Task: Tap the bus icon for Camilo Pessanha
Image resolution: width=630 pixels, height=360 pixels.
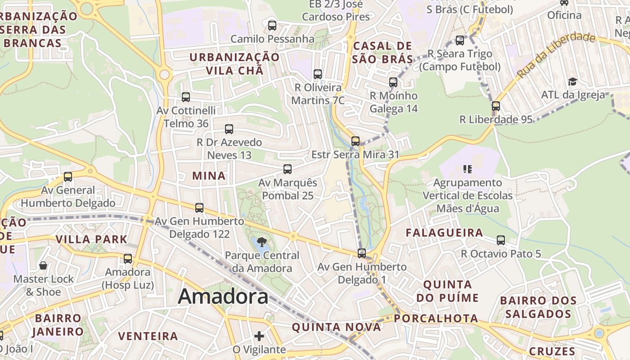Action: tap(272, 25)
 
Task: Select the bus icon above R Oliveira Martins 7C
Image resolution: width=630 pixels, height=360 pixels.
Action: tap(318, 74)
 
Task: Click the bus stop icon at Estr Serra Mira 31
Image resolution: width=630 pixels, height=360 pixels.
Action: tap(355, 141)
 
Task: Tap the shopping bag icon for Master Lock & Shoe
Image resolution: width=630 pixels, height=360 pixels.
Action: tap(43, 265)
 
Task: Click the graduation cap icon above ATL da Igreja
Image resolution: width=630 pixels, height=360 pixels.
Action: tap(572, 81)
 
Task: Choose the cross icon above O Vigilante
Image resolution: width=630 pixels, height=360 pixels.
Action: tap(259, 336)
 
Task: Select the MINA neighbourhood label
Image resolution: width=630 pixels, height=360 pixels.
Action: tap(209, 176)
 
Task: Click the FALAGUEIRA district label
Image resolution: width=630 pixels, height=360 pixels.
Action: tap(445, 233)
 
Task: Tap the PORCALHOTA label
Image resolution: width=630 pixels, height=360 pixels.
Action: tap(436, 319)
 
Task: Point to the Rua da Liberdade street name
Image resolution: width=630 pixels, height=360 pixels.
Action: tap(556, 54)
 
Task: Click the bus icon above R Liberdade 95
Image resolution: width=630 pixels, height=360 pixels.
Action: tap(496, 106)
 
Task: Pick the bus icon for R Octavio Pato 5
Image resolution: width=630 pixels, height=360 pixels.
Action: tap(501, 240)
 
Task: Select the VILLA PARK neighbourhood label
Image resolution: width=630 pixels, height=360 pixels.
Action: tap(92, 239)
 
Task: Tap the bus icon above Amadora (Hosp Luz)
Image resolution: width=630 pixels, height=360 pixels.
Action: tap(128, 259)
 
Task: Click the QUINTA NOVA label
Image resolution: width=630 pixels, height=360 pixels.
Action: tap(337, 327)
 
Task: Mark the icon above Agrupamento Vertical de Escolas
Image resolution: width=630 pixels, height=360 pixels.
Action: tap(468, 169)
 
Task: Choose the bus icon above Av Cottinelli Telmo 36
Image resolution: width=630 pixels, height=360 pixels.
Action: tap(186, 97)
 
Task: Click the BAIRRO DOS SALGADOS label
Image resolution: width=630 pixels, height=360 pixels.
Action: tap(538, 307)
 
